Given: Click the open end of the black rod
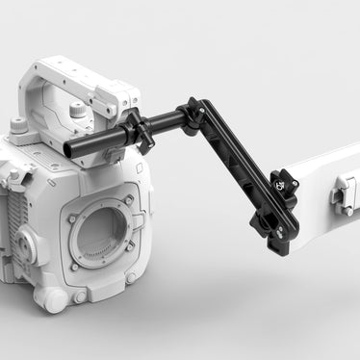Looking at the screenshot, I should (x=70, y=148).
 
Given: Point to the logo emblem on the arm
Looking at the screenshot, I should (x=280, y=182).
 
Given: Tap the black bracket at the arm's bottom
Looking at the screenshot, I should (x=274, y=220).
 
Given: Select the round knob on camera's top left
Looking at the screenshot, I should (x=18, y=125).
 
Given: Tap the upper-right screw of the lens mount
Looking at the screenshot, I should (x=129, y=200).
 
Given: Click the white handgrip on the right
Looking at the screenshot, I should (x=322, y=193).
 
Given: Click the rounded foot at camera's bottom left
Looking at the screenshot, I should (x=55, y=300).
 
